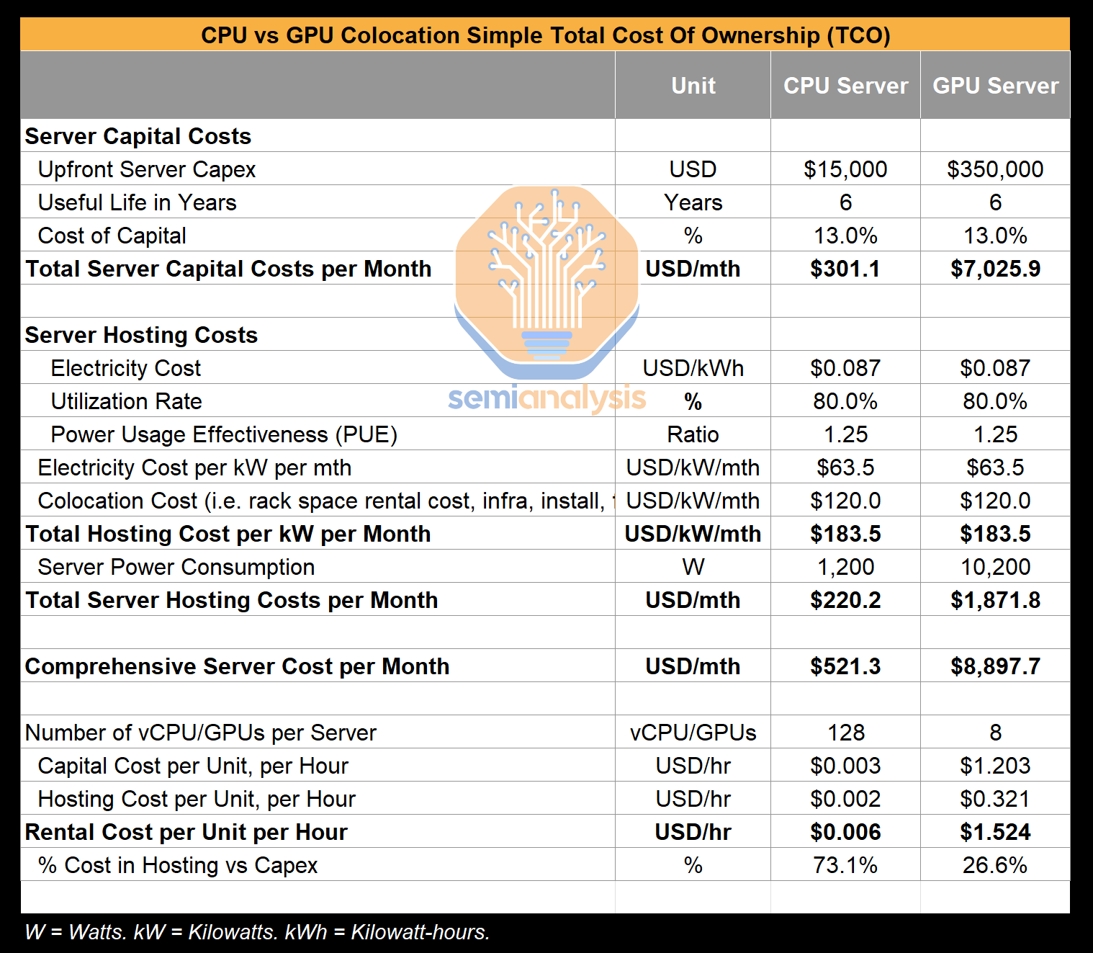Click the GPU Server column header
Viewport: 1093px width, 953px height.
[x=995, y=86]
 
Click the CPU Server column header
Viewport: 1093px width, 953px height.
[x=845, y=86]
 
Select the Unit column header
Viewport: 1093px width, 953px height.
[x=693, y=86]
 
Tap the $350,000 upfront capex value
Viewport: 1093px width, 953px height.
[x=995, y=169]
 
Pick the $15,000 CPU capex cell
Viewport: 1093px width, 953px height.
[x=845, y=169]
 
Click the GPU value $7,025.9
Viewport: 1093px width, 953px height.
[x=995, y=269]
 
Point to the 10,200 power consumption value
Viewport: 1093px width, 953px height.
[x=995, y=567]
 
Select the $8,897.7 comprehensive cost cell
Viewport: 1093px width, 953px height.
[x=995, y=666]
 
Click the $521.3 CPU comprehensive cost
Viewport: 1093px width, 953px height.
[x=845, y=666]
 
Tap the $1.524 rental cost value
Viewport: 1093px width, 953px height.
[x=995, y=832]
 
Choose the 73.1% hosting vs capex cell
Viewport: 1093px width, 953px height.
[x=845, y=865]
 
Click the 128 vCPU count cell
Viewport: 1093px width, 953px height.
[x=845, y=733]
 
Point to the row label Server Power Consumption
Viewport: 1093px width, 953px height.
[x=176, y=567]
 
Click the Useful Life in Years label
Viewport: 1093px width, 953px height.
[x=137, y=202]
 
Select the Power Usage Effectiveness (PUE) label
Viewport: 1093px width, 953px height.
[x=224, y=434]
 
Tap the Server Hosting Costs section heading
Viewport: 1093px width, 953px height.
[x=141, y=335]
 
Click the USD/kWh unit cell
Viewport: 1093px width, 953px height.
[x=693, y=368]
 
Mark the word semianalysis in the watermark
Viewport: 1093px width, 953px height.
[x=546, y=398]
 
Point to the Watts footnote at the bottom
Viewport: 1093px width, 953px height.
[x=257, y=931]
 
